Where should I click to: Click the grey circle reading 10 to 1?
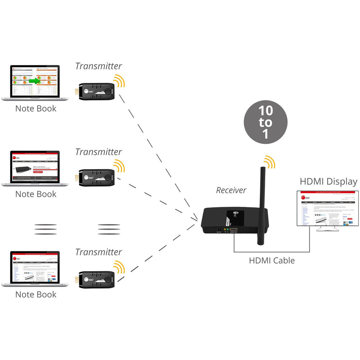[266, 122]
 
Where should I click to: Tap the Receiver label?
[231, 190]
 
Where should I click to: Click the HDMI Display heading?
[328, 182]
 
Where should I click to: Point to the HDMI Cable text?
[272, 260]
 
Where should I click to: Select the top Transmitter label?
[98, 66]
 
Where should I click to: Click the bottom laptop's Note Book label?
[36, 294]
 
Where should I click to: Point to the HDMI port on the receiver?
[234, 230]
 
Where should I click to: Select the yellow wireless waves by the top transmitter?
[118, 81]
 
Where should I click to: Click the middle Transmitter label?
[98, 152]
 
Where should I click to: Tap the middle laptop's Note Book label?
[36, 194]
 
